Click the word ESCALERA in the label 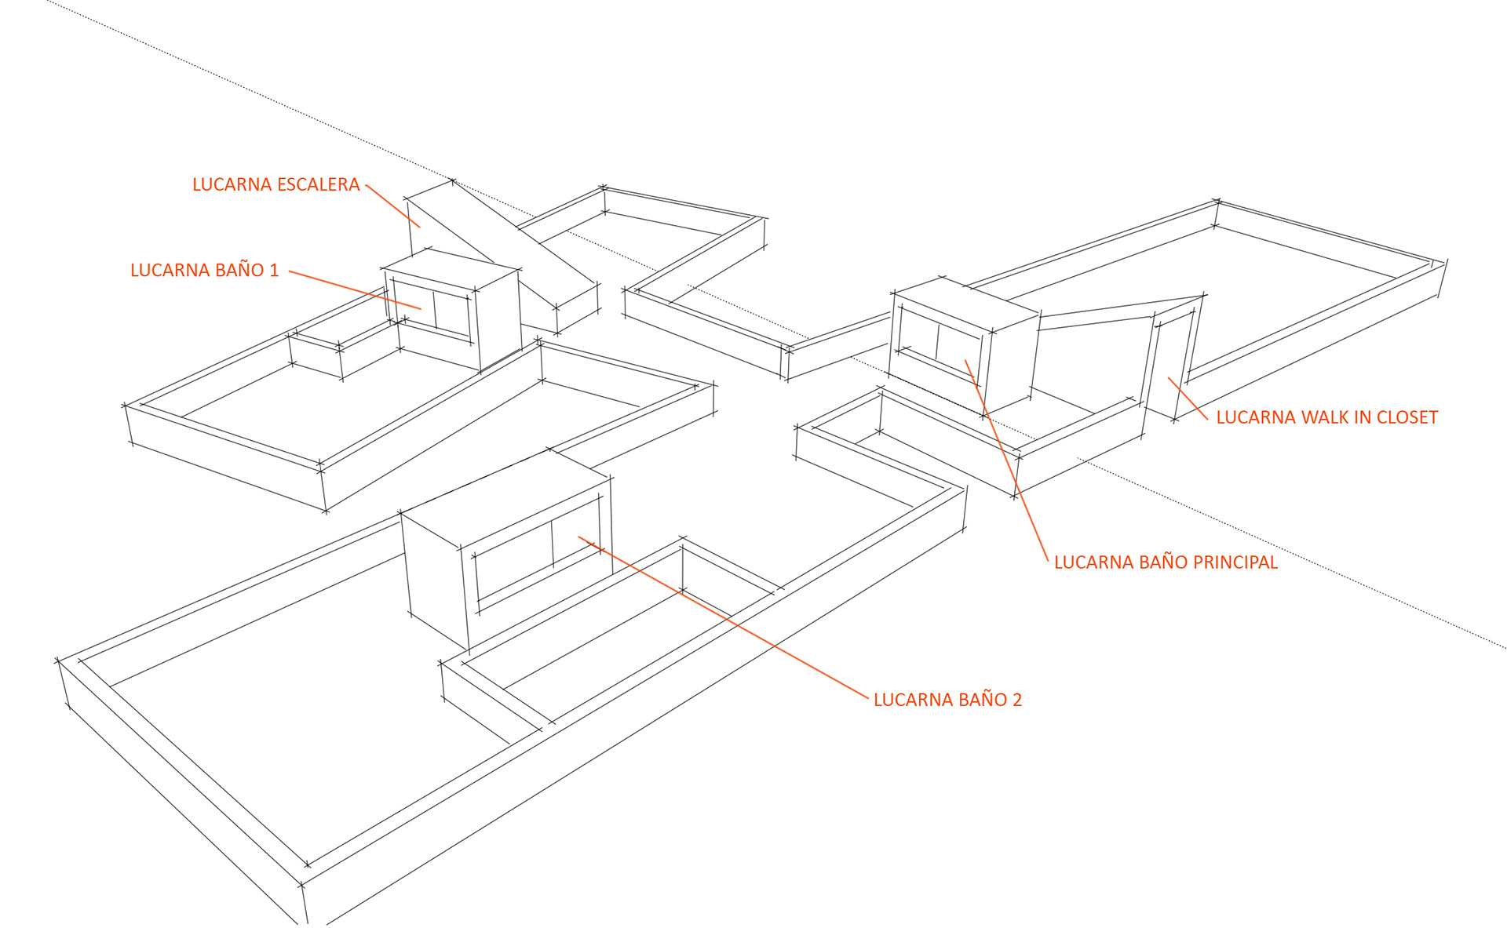[317, 185]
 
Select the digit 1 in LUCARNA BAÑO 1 [274, 271]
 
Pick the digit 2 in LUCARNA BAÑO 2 [1017, 700]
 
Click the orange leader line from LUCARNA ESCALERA [392, 206]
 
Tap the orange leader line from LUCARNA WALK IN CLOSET [1188, 398]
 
